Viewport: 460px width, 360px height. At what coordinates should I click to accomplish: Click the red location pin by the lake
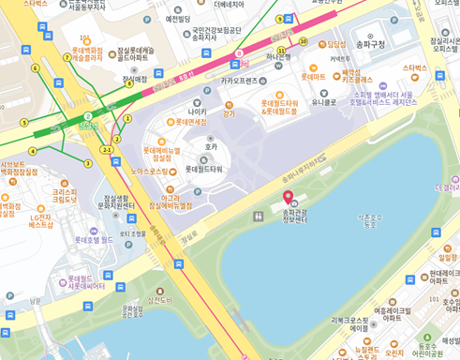point(289,197)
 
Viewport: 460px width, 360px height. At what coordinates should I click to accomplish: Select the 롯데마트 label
point(312,77)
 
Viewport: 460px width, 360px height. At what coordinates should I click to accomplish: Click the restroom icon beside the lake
point(258,217)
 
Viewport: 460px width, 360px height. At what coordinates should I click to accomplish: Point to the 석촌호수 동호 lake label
point(369,220)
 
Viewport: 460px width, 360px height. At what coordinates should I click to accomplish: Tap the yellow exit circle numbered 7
point(67,57)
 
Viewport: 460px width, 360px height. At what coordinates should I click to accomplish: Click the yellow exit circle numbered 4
point(32,151)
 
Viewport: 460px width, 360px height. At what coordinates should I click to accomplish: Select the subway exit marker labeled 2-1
point(107,150)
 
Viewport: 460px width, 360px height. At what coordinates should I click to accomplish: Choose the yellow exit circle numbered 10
point(303,41)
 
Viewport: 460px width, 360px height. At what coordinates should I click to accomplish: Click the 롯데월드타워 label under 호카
point(203,169)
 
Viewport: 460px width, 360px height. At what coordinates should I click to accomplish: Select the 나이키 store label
point(197,112)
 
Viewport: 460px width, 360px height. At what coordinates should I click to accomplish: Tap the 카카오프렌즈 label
point(238,81)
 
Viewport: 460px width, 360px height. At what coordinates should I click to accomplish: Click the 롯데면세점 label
point(191,122)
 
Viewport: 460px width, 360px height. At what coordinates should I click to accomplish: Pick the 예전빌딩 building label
point(177,19)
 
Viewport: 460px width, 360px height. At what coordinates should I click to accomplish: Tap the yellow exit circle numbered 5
point(24,123)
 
